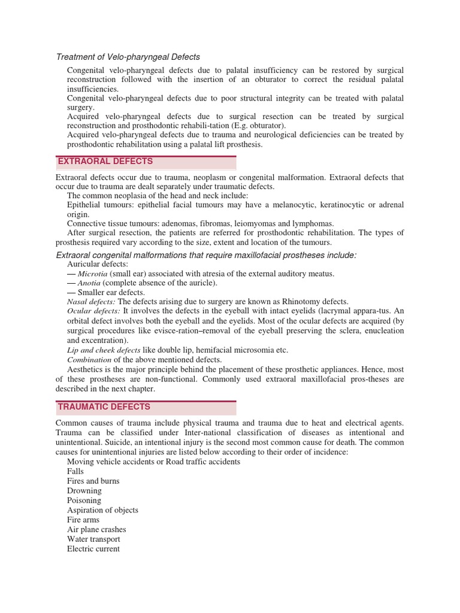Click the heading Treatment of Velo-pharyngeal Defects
click(x=128, y=57)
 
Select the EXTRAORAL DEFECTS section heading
click(x=105, y=162)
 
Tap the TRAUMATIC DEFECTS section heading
click(x=104, y=407)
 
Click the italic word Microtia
click(x=92, y=273)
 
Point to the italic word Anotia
click(x=89, y=283)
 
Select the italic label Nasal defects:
click(x=91, y=302)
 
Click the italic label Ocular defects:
click(x=93, y=311)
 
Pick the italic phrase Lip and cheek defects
click(x=104, y=350)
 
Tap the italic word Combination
click(x=89, y=359)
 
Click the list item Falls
click(x=75, y=471)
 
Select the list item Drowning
click(x=84, y=490)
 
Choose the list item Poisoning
click(x=84, y=500)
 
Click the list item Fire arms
click(x=83, y=520)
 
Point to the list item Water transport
click(x=93, y=539)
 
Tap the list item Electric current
click(x=93, y=548)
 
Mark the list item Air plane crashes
click(x=96, y=529)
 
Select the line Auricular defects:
click(x=97, y=263)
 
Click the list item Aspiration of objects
click(x=102, y=510)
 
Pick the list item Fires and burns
click(x=93, y=481)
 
